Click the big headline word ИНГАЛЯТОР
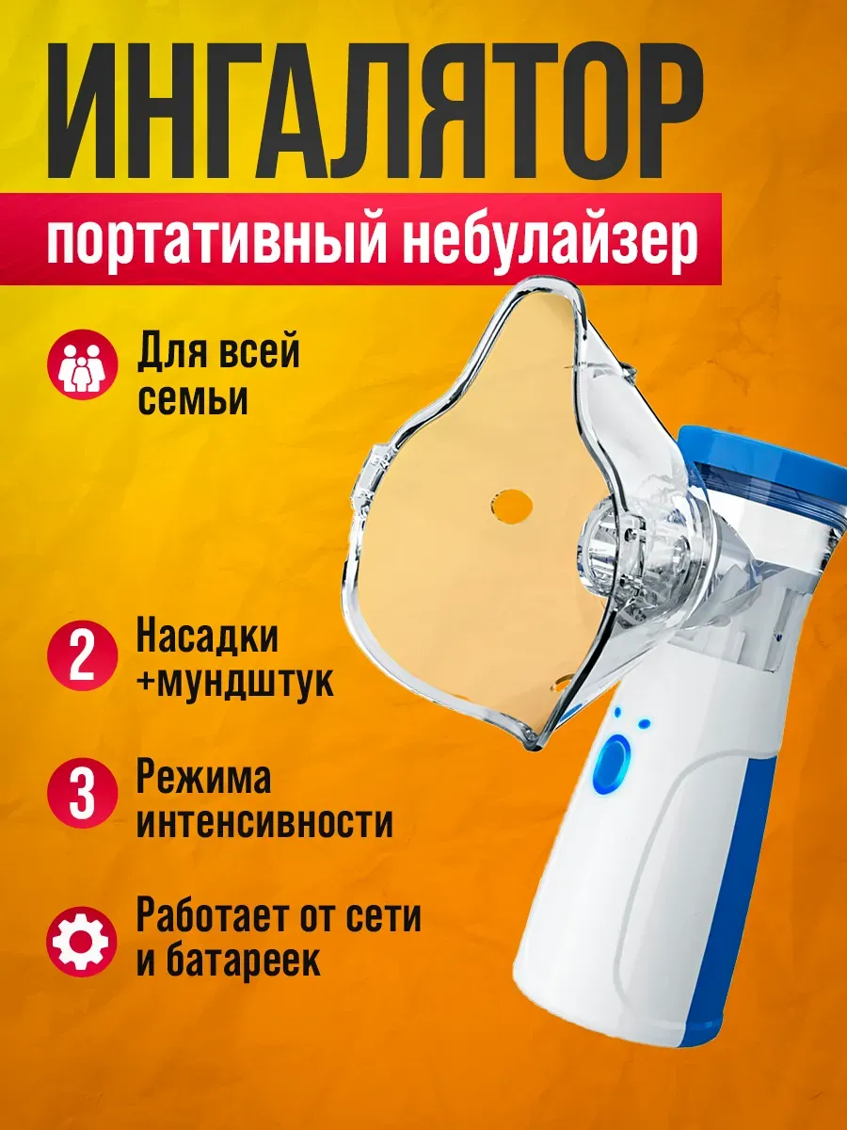click(x=375, y=112)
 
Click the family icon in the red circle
click(x=82, y=364)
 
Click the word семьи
click(x=193, y=400)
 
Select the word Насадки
click(x=207, y=638)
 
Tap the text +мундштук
click(x=235, y=683)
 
